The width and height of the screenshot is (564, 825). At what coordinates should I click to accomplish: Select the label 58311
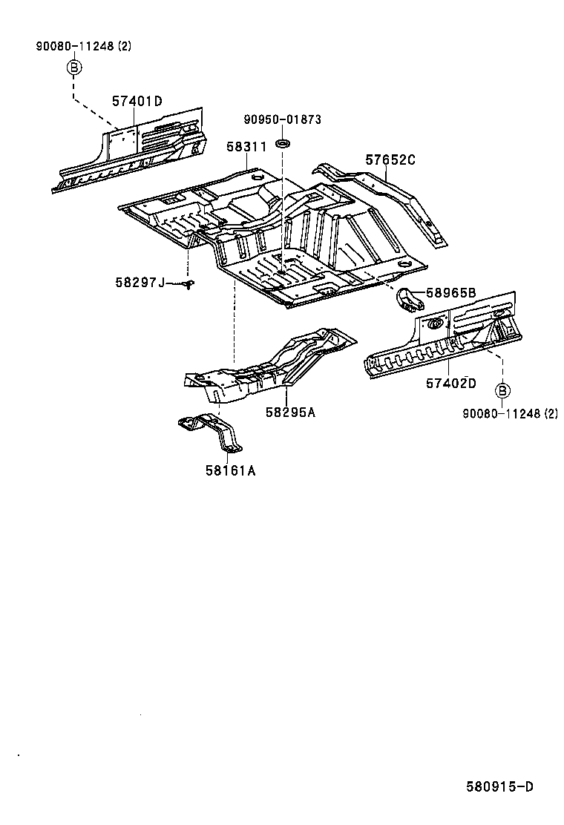[x=246, y=148]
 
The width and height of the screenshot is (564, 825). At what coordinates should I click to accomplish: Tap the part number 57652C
[x=390, y=160]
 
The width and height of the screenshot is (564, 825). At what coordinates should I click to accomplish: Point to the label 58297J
[x=140, y=282]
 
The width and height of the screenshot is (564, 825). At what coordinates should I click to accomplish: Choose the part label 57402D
[x=450, y=383]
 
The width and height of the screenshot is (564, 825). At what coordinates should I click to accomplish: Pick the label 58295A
[x=290, y=412]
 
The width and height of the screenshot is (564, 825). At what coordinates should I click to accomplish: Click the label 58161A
[x=231, y=470]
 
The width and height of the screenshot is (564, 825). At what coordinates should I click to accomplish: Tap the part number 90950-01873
[x=283, y=120]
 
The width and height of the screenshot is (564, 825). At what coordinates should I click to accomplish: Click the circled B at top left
[x=73, y=68]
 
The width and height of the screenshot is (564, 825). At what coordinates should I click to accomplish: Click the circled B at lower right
[x=502, y=390]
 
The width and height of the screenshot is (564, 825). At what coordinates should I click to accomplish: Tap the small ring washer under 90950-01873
[x=283, y=141]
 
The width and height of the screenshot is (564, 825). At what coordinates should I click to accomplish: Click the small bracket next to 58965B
[x=408, y=300]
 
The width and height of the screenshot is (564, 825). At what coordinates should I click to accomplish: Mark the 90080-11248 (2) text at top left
[x=83, y=46]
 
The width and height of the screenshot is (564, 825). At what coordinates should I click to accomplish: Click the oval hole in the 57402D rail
[x=436, y=323]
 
